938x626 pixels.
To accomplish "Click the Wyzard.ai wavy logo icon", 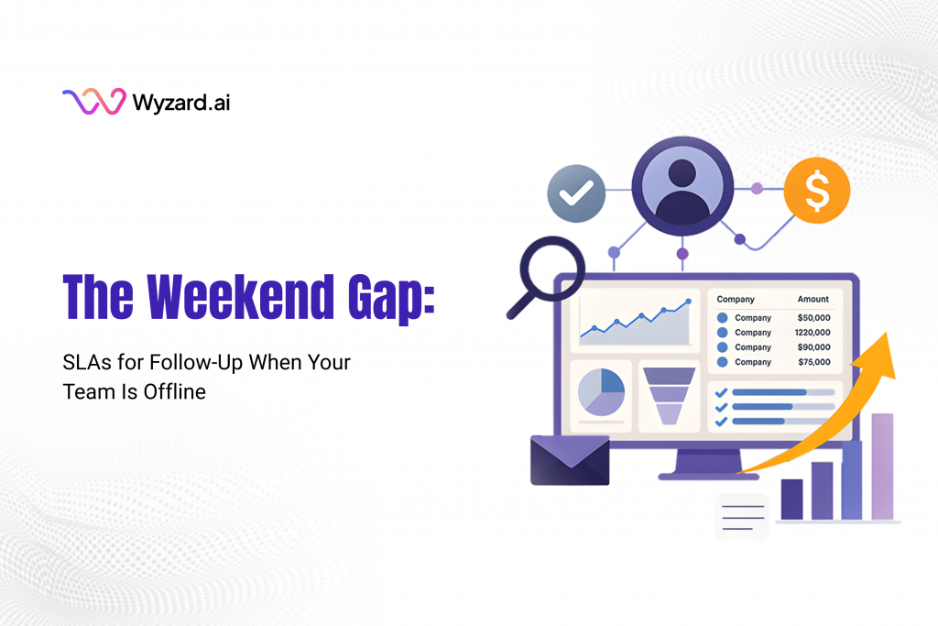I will click(93, 102).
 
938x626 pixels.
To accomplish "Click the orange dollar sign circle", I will click(816, 191).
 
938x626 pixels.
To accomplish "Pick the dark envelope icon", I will click(570, 459).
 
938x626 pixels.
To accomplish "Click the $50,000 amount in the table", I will click(813, 318).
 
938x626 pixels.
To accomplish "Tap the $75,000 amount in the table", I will click(813, 362).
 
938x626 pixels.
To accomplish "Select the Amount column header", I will click(813, 299).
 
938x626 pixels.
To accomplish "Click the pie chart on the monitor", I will click(601, 392).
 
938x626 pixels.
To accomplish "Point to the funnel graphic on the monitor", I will click(669, 394).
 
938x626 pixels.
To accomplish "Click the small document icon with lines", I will click(741, 515).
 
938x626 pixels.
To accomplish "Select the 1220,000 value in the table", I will click(812, 333).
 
